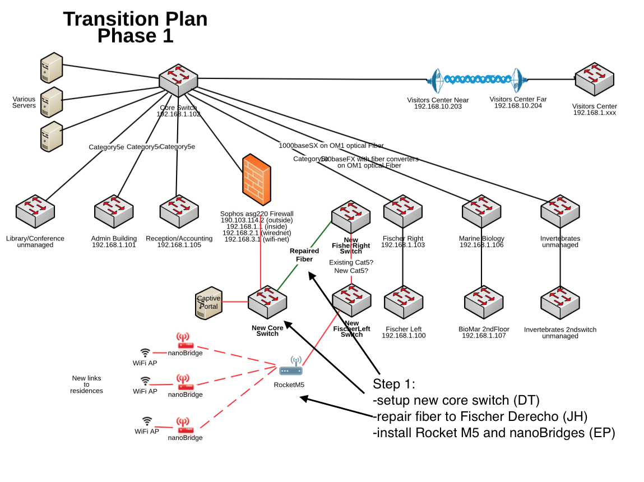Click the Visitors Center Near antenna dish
436,81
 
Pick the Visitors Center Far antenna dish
516,81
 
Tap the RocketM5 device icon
291,368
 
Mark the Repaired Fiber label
304,255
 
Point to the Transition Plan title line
135,19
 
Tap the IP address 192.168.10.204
517,106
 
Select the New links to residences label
86,384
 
